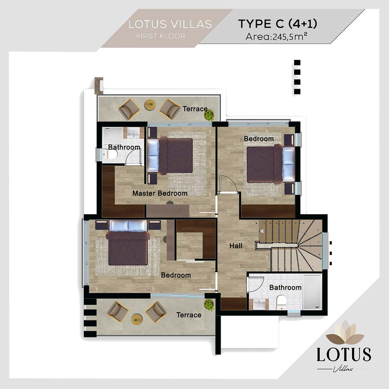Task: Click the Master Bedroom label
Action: (x=160, y=193)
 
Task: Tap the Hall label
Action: (x=236, y=246)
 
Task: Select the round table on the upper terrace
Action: (x=149, y=105)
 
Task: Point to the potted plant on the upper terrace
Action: (x=209, y=115)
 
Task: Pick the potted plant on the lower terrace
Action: (x=209, y=304)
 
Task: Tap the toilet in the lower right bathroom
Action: (x=281, y=303)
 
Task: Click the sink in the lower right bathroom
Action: (x=259, y=304)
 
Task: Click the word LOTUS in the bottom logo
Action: (x=344, y=355)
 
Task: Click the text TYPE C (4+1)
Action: (x=278, y=24)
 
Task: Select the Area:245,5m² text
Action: (x=276, y=36)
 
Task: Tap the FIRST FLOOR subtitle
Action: (x=161, y=36)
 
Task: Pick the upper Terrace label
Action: (x=195, y=109)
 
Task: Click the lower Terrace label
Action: (x=188, y=315)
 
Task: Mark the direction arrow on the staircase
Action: (x=262, y=232)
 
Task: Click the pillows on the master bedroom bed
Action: (x=153, y=156)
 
